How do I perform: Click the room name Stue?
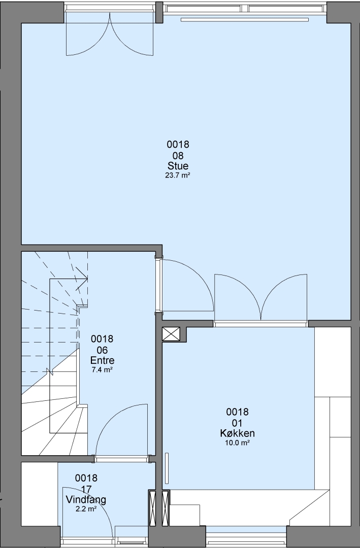[178, 165]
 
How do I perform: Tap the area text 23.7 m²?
[177, 176]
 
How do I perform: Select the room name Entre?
[102, 360]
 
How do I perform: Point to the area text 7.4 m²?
[102, 370]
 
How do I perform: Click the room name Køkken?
[237, 433]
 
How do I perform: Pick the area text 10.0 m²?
[237, 443]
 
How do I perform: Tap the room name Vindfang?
[86, 500]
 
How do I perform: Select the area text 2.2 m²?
[86, 509]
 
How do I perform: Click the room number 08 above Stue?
[178, 155]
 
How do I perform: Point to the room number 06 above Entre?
[102, 350]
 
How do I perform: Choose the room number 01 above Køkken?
[237, 423]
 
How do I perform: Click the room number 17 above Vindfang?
[86, 489]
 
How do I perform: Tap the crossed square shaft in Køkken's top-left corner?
[171, 334]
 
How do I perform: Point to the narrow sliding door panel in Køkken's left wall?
[167, 468]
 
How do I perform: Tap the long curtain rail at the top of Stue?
[245, 20]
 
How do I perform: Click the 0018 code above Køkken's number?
[237, 412]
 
